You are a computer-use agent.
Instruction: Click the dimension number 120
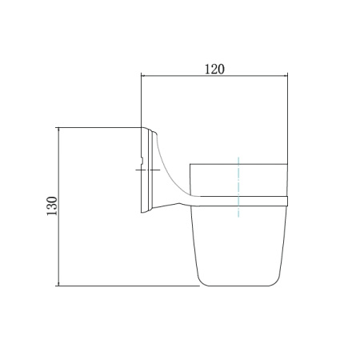coord(214,69)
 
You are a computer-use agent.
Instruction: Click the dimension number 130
coord(52,206)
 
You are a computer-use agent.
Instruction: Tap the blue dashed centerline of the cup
coord(238,187)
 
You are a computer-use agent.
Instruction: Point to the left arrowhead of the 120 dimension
coord(143,76)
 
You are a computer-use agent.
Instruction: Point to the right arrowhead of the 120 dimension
coord(285,76)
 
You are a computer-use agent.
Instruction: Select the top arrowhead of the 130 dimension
coord(58,130)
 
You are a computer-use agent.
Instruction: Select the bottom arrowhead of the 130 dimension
coord(58,283)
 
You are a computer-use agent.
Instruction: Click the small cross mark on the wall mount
coord(148,170)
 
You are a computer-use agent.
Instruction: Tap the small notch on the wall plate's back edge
coord(142,160)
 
